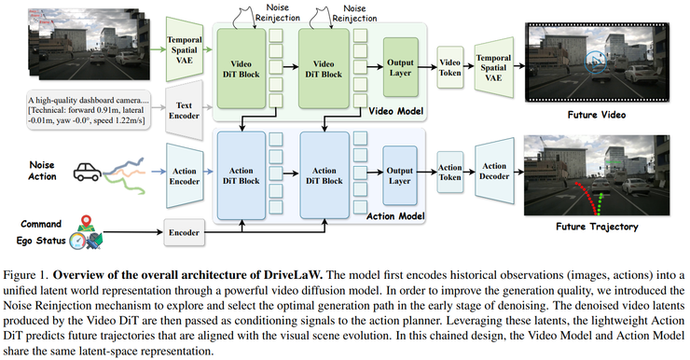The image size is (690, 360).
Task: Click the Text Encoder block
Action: pyautogui.click(x=184, y=110)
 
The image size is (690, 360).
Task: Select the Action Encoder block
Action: pyautogui.click(x=185, y=175)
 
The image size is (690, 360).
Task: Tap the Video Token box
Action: pyautogui.click(x=449, y=68)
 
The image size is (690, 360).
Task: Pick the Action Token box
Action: pyautogui.click(x=449, y=173)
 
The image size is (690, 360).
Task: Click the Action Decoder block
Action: pyautogui.click(x=494, y=171)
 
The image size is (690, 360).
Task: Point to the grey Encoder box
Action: pyautogui.click(x=184, y=232)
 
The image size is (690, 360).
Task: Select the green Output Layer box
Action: pyautogui.click(x=400, y=67)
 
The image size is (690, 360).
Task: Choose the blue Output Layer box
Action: pyautogui.click(x=400, y=175)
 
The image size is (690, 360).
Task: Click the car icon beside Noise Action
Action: pyautogui.click(x=87, y=172)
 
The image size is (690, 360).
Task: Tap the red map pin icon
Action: pyautogui.click(x=86, y=221)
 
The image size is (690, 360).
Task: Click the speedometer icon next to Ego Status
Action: pyautogui.click(x=77, y=241)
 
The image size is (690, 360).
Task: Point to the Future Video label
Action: pyautogui.click(x=596, y=115)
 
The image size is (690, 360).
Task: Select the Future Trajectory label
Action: pyautogui.click(x=597, y=227)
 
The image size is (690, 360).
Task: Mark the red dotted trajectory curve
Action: pyautogui.click(x=587, y=196)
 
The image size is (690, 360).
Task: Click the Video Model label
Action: pyautogui.click(x=396, y=111)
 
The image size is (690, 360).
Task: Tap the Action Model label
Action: pyautogui.click(x=395, y=216)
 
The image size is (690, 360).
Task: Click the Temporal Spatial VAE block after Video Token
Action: pyautogui.click(x=494, y=68)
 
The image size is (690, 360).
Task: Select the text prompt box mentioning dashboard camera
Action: pyautogui.click(x=89, y=110)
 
